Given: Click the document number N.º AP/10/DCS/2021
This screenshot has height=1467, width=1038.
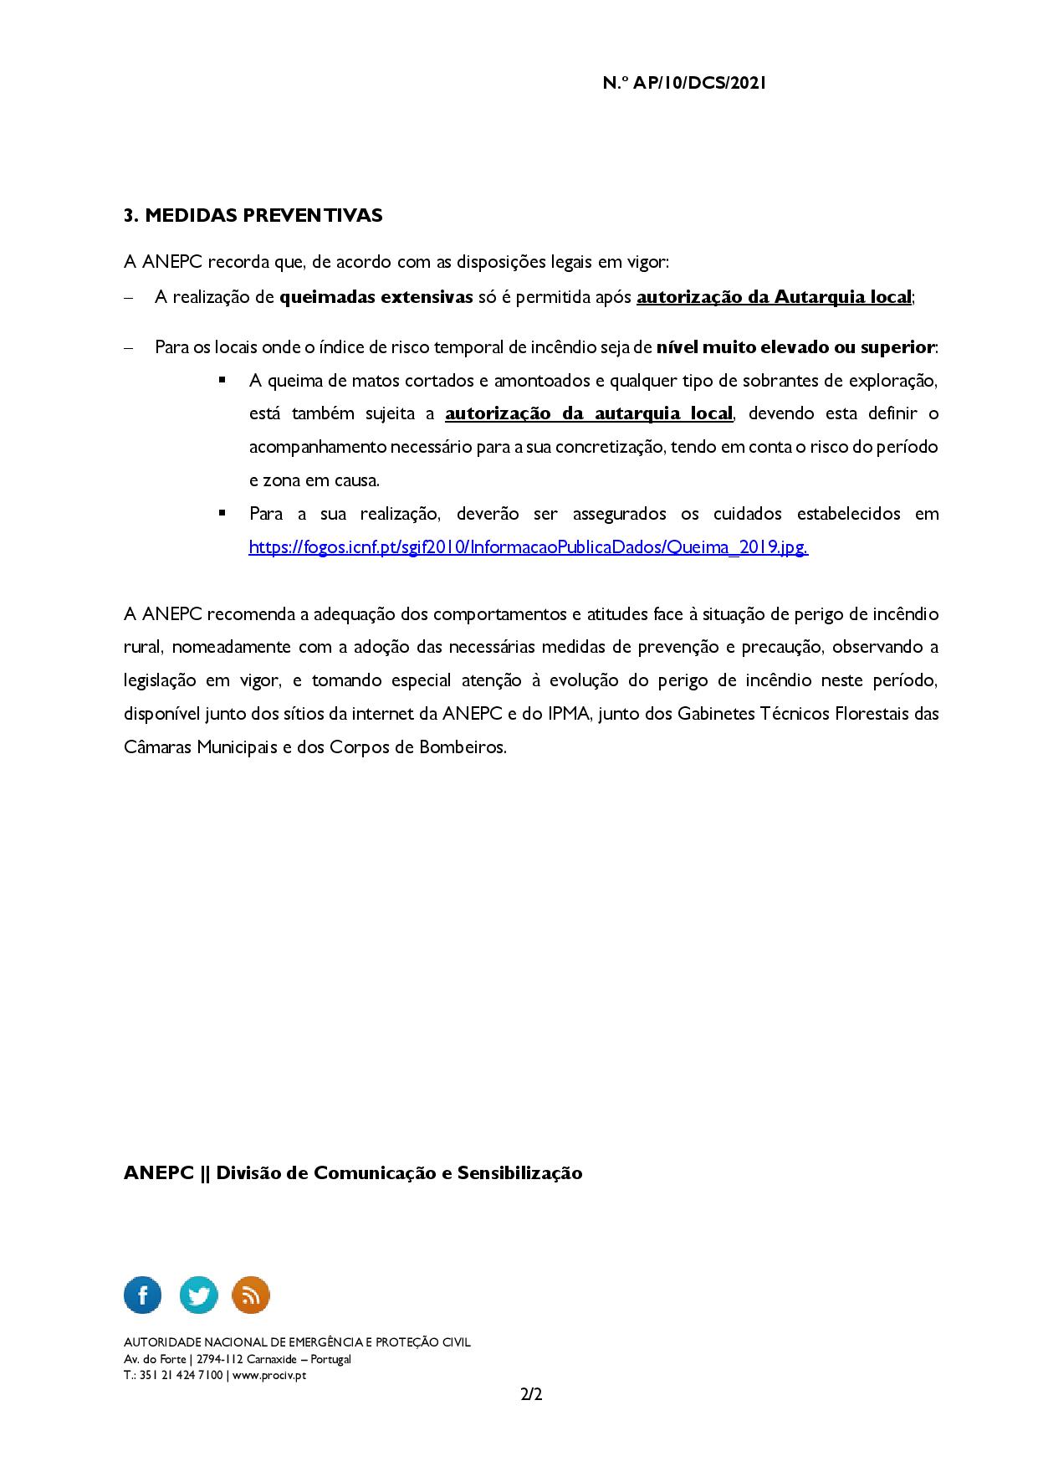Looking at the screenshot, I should (x=683, y=83).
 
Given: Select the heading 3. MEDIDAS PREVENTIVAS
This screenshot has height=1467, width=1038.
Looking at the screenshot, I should (x=253, y=215).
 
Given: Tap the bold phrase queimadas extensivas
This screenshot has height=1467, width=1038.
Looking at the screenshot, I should (x=376, y=297).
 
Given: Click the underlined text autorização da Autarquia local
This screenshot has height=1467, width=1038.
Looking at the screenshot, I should (x=774, y=297).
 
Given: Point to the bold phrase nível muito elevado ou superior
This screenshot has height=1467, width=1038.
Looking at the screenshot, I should (x=795, y=346).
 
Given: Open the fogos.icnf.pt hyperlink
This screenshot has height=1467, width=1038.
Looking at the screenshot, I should (x=528, y=547).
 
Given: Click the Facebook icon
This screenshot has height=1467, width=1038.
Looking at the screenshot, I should (x=143, y=1295).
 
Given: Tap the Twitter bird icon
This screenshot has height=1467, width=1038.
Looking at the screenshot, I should (x=198, y=1295).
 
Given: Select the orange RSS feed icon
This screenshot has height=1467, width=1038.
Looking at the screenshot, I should (x=251, y=1295).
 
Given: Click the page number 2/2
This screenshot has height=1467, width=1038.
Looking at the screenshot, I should (x=531, y=1395).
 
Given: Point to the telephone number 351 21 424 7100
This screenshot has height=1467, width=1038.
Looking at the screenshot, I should (x=181, y=1375).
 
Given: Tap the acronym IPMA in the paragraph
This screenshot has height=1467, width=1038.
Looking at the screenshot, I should (x=570, y=714).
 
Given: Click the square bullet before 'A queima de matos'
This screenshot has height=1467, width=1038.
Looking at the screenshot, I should (x=222, y=379).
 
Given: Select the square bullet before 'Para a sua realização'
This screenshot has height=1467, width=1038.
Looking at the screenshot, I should (x=222, y=512).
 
